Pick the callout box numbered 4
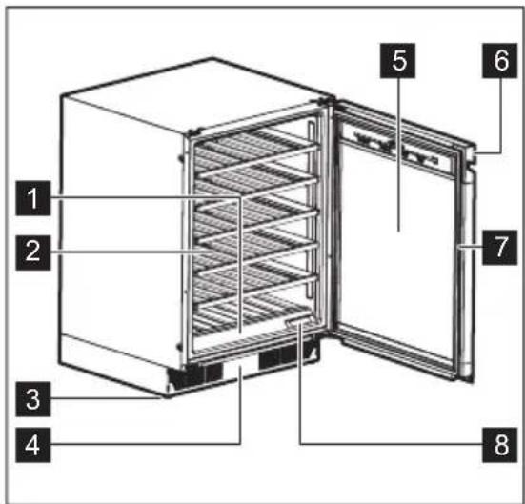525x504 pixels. click(x=33, y=445)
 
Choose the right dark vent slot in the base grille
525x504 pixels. click(x=286, y=359)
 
